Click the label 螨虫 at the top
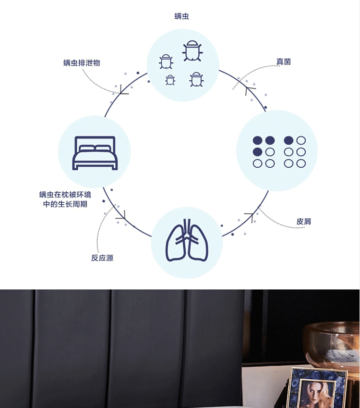(182, 16)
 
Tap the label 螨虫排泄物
(82, 62)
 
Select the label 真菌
(284, 62)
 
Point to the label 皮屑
(303, 222)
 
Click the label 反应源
(102, 258)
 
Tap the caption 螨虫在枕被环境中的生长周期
(65, 199)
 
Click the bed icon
(95, 153)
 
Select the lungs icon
(187, 240)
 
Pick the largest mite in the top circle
(192, 51)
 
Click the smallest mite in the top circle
(170, 80)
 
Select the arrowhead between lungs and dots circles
(250, 216)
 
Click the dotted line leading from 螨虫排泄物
(96, 85)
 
